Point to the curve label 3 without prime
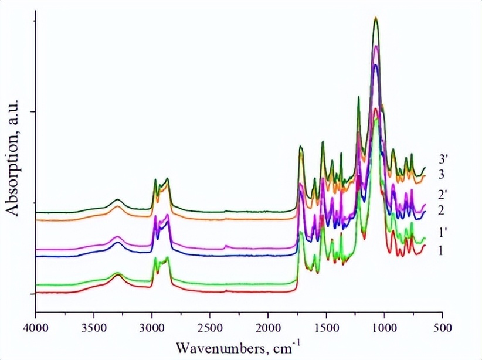[440, 175]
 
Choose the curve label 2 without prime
[440, 210]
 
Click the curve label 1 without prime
[440, 250]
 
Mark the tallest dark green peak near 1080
[376, 18]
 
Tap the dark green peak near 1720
[301, 147]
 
